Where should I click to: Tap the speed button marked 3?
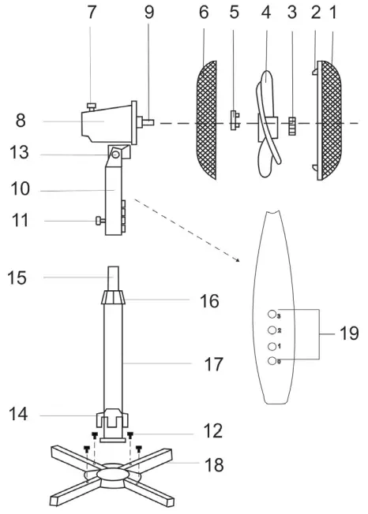click(x=273, y=315)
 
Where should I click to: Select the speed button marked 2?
click(x=273, y=330)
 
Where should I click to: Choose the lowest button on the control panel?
click(x=273, y=361)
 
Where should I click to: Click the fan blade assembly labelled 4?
click(x=268, y=118)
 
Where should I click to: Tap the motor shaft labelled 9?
click(x=148, y=122)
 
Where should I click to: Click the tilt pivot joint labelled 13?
click(x=116, y=155)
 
